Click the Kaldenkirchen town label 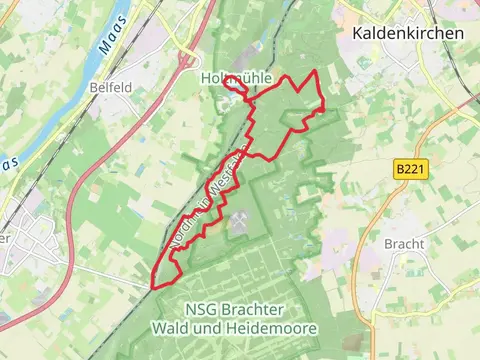pos(408,33)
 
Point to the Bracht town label pos(404,243)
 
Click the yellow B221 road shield pos(410,170)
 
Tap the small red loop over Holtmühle pos(235,88)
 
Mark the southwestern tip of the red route pos(153,287)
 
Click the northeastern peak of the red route pos(317,72)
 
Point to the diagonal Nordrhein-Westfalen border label pos(205,198)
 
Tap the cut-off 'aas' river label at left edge pos(8,162)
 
